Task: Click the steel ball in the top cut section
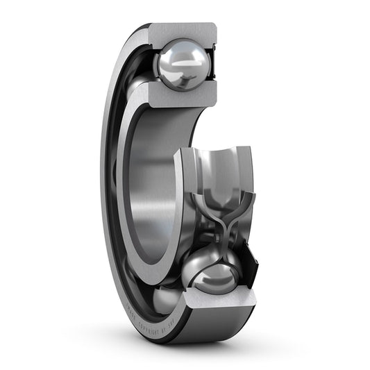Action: [183, 67]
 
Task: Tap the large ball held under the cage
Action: [215, 273]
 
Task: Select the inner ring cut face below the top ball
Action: [182, 97]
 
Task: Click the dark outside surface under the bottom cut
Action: [208, 330]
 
